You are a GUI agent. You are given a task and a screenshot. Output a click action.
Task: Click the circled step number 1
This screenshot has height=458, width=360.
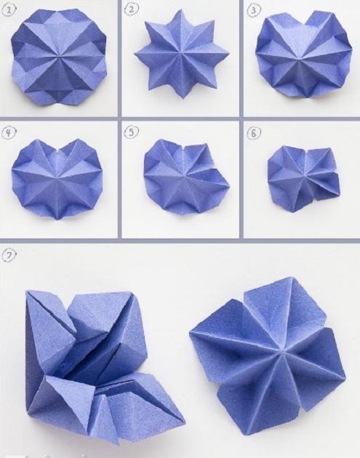(x=8, y=10)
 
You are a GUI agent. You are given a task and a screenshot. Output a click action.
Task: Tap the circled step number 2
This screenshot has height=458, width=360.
(x=131, y=9)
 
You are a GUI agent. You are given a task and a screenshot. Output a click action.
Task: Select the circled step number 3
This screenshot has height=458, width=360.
(x=253, y=10)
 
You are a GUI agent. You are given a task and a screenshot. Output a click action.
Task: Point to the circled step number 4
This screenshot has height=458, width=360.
(x=9, y=133)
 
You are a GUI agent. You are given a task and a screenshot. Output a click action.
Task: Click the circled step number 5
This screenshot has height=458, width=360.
(x=131, y=132)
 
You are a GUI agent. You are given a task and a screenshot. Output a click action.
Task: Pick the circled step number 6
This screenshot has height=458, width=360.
(x=253, y=134)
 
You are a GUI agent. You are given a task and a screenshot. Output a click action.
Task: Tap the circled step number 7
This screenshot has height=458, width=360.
(x=9, y=255)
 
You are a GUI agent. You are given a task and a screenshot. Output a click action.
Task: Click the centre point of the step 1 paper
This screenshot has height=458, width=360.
(x=60, y=55)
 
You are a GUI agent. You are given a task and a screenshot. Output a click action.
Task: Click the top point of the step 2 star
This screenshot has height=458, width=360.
(x=178, y=10)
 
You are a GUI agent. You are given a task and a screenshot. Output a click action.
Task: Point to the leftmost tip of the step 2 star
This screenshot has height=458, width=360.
(x=135, y=54)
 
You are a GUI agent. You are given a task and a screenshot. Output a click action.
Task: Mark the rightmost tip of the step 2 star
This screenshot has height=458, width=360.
(x=228, y=54)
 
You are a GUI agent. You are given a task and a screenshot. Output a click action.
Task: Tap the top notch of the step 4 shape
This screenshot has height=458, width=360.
(x=60, y=151)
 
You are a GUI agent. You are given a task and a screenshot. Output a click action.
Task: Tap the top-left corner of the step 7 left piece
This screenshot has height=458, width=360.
(x=28, y=292)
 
